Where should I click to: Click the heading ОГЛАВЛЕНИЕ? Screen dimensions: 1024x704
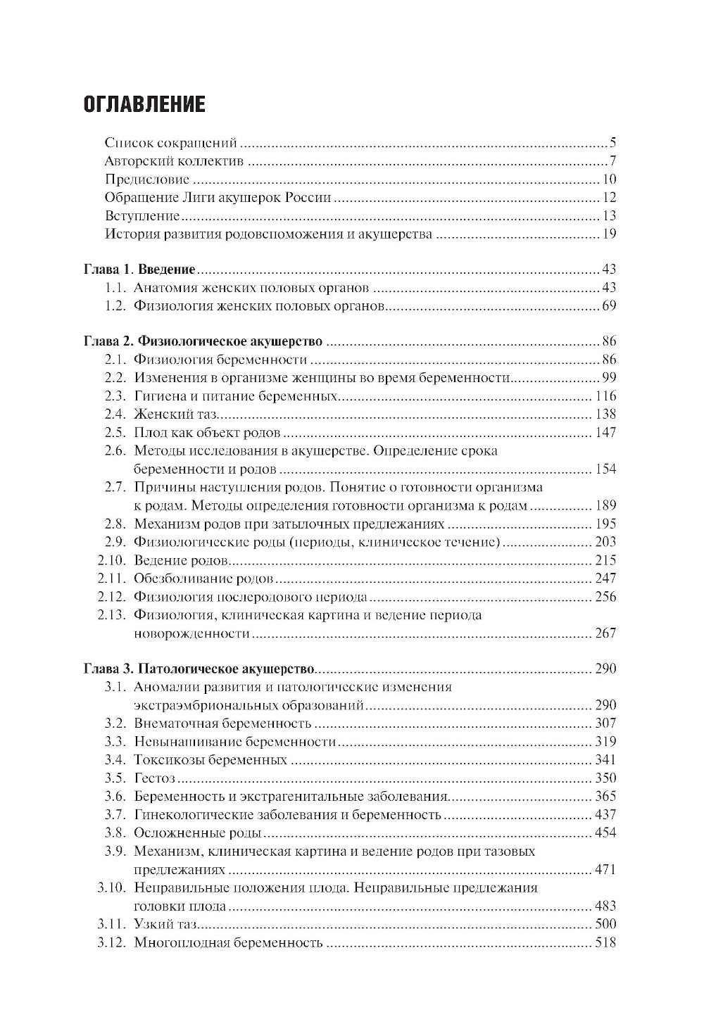click(x=144, y=105)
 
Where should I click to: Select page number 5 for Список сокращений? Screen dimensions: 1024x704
click(x=613, y=143)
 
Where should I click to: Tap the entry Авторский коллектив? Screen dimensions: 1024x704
click(x=173, y=161)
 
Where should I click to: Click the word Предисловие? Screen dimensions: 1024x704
click(x=146, y=179)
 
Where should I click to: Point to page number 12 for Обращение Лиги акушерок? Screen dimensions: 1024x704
click(x=609, y=198)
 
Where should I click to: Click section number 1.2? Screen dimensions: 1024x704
click(x=115, y=306)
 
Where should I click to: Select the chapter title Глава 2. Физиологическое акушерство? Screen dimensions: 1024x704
click(x=203, y=342)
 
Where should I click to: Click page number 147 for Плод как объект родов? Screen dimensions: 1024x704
click(x=605, y=433)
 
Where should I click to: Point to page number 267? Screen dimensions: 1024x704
click(x=605, y=633)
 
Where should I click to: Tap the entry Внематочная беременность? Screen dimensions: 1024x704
click(x=222, y=723)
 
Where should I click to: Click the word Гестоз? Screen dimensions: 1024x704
click(x=154, y=778)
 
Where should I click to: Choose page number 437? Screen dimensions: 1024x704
click(x=605, y=815)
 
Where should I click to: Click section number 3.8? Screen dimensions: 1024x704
click(x=115, y=833)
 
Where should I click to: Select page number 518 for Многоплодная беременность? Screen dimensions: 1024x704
click(x=605, y=943)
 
